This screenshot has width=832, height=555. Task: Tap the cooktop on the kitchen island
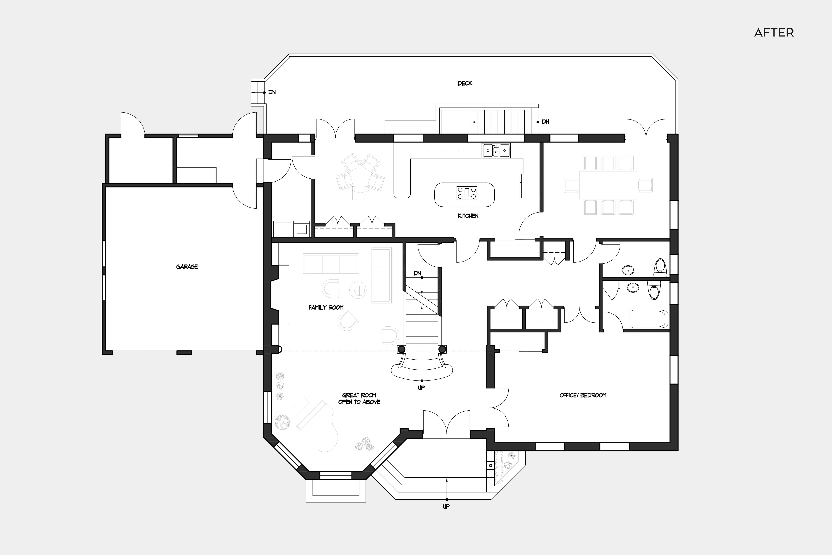pos(467,193)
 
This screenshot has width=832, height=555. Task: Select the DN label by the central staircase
pos(417,273)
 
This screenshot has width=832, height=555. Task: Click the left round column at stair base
pos(401,349)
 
